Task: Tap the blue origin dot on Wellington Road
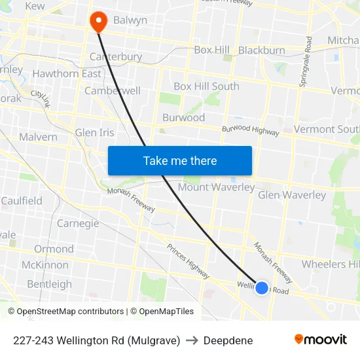(x=261, y=287)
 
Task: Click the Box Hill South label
(x=206, y=86)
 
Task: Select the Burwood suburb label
(x=183, y=118)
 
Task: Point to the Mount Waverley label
(x=216, y=187)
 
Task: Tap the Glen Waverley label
(x=292, y=195)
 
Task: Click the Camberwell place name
(x=113, y=91)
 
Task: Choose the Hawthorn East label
(x=67, y=74)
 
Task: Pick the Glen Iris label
(x=95, y=132)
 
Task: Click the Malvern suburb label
(x=38, y=137)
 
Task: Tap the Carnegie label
(x=78, y=223)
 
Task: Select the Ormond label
(x=54, y=249)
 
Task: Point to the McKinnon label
(x=45, y=265)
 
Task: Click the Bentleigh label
(x=49, y=284)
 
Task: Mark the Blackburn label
(x=262, y=50)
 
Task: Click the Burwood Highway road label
(x=250, y=130)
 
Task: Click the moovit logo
(x=320, y=340)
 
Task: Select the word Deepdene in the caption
(x=228, y=340)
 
